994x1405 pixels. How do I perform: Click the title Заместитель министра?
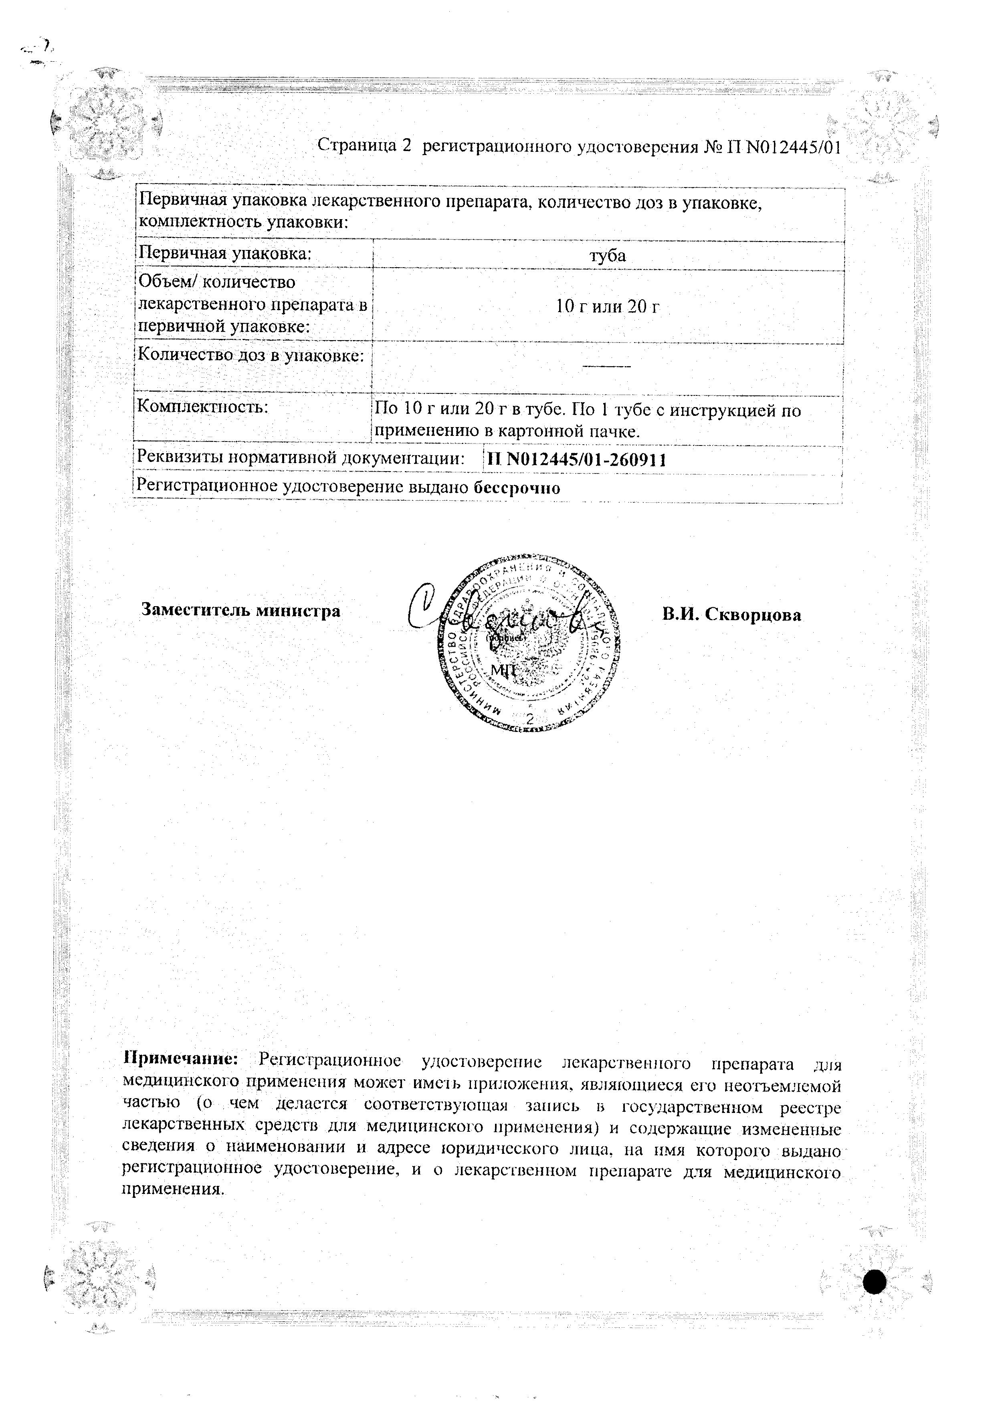240,611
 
